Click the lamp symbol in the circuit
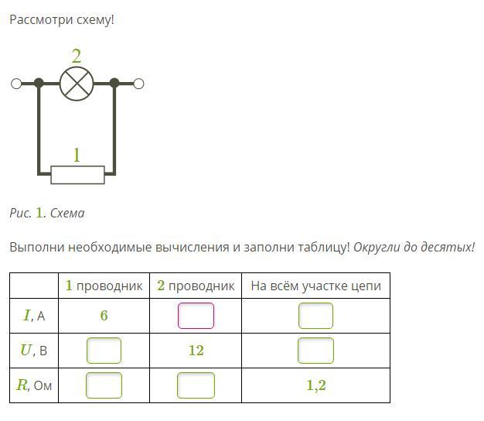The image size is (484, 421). click(77, 84)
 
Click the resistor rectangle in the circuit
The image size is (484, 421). click(77, 174)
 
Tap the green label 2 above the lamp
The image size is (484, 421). click(76, 56)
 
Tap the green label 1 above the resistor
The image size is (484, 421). click(77, 155)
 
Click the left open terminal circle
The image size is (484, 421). click(16, 84)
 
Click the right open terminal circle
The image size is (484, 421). click(138, 84)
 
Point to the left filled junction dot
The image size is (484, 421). click(39, 84)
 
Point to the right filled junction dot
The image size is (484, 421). click(114, 84)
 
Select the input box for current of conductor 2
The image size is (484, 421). click(196, 316)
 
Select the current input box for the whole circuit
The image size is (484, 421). click(315, 316)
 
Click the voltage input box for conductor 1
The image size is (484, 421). click(104, 351)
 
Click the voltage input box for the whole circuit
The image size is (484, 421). click(315, 351)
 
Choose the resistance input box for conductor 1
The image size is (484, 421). click(104, 385)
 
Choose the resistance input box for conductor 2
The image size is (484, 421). click(196, 385)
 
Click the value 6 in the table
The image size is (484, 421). click(104, 316)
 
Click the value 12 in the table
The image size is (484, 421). click(196, 351)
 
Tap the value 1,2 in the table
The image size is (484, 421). click(315, 385)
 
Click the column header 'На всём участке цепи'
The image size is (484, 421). click(315, 286)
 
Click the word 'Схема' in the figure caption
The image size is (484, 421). click(67, 213)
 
